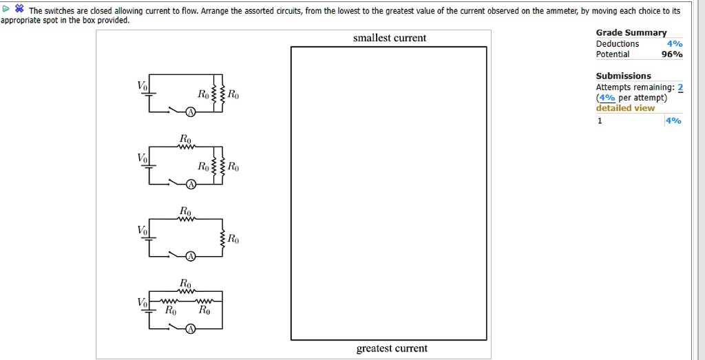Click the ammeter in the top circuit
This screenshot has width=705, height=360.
191,112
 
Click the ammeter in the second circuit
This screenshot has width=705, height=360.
191,184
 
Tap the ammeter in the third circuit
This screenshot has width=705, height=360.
191,256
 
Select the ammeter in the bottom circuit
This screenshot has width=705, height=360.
191,329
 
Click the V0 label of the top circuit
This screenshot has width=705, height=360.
142,85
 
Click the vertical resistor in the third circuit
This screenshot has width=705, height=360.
222,238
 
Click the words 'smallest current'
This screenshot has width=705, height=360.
390,38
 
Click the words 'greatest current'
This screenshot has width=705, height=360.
392,348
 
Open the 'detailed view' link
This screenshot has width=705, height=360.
625,108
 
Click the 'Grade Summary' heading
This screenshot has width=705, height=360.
631,32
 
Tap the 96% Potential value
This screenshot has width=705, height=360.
672,54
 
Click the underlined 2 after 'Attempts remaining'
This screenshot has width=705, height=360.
680,87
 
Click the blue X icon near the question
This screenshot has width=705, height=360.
19,8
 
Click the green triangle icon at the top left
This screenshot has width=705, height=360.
6,8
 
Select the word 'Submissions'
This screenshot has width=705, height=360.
624,76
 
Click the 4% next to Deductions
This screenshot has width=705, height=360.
675,43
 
